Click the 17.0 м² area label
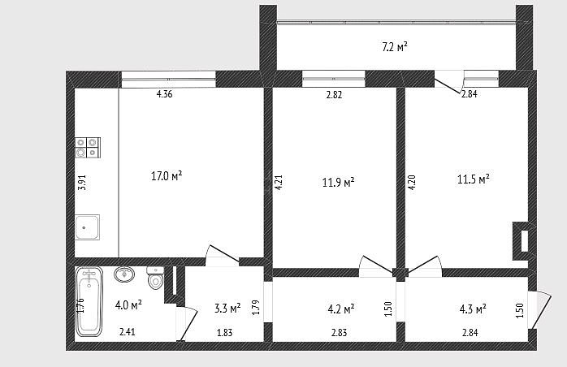tap(167, 176)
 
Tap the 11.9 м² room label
tap(338, 182)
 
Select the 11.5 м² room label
tap(474, 179)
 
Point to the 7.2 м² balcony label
tap(395, 46)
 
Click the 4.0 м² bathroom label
tap(128, 304)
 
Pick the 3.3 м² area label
tap(227, 309)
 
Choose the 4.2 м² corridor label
tap(340, 309)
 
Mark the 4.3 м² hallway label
tap(473, 309)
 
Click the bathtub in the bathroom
tap(89, 302)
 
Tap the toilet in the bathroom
tap(155, 277)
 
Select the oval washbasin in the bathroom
tap(124, 274)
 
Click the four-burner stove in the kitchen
tap(88, 148)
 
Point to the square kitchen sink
tap(87, 227)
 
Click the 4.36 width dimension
tap(165, 94)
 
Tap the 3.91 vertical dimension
tap(82, 183)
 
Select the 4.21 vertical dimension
tap(279, 183)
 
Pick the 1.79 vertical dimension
tap(256, 308)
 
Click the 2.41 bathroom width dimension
tap(128, 331)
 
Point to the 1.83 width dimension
tap(224, 332)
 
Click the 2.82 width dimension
tap(334, 95)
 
